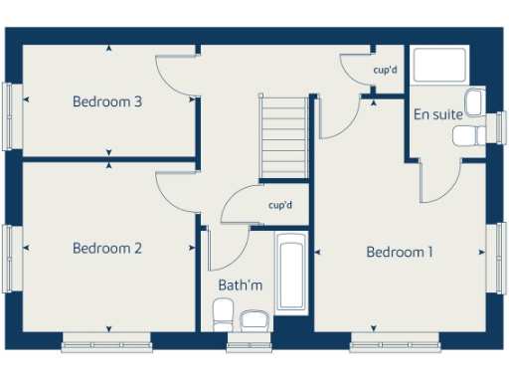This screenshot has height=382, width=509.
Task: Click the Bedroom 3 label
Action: click(x=107, y=101)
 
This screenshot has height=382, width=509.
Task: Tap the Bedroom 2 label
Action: click(x=107, y=249)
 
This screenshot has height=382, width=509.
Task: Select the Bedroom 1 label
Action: click(x=400, y=253)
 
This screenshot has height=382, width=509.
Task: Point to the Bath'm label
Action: click(x=241, y=286)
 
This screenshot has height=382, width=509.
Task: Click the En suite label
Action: click(x=437, y=114)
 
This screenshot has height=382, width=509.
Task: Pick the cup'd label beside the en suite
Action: click(x=385, y=71)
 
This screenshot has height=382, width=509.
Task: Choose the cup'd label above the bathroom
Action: click(x=280, y=206)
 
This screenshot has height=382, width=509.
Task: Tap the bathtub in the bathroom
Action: click(x=291, y=273)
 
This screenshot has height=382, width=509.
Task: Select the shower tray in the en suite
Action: click(x=438, y=67)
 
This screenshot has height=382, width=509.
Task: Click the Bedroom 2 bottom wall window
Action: click(x=104, y=344)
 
